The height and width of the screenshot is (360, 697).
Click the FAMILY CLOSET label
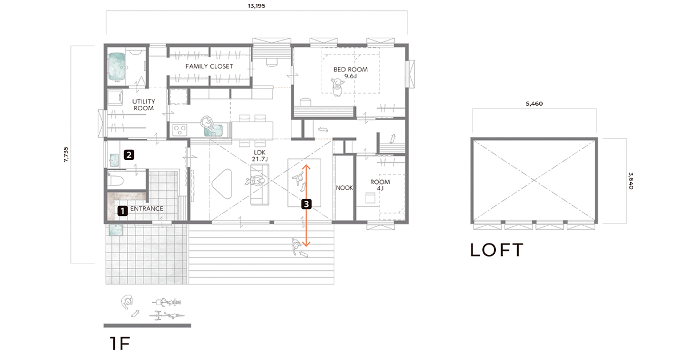pos(209,66)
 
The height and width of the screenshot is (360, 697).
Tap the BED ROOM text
pos(350,69)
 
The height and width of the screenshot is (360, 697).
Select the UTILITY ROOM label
pos(143,105)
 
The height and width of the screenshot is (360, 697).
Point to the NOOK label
pos(344,187)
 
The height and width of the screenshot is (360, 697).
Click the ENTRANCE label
pos(147,209)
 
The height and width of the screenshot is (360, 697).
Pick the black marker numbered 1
pos(123,211)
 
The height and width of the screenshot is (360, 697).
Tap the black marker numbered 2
pos(129,155)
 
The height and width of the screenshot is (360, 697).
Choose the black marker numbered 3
pos(306,204)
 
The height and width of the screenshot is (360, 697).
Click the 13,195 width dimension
pos(257,6)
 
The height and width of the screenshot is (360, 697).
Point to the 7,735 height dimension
pos(66,154)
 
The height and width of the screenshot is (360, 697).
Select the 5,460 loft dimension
pos(534,103)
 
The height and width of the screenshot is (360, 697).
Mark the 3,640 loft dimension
pos(631,181)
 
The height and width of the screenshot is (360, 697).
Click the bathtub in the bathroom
pos(117,67)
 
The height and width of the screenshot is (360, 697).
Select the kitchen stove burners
pos(180,130)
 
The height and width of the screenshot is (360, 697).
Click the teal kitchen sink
pos(214,130)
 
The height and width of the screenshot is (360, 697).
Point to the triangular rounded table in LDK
pos(222,183)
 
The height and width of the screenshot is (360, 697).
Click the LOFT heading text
pos(496,250)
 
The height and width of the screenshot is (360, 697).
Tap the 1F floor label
pos(120,343)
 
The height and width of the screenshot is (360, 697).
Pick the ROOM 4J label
pos(380,185)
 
